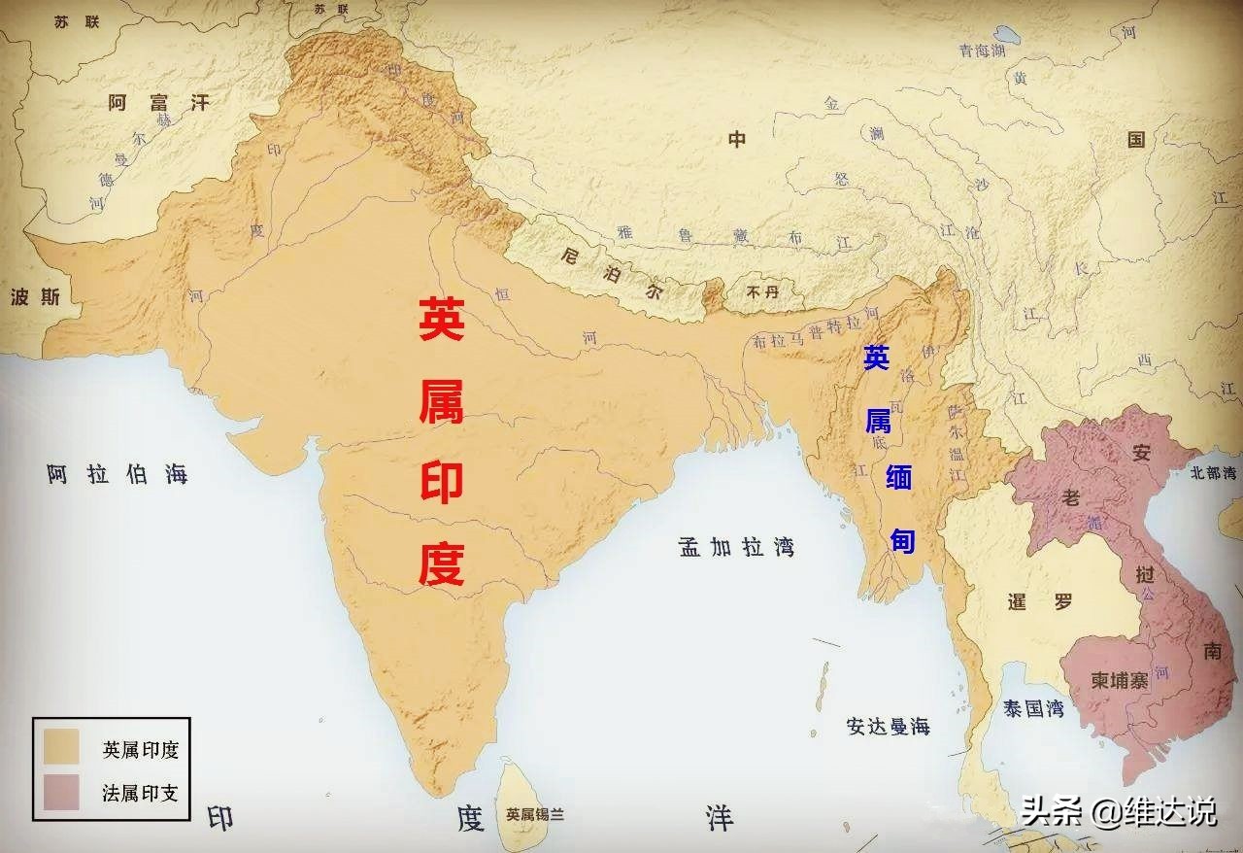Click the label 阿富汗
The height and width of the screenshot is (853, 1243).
point(158,102)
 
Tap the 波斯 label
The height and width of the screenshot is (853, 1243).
point(34,297)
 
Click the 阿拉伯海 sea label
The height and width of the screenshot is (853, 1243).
point(117,474)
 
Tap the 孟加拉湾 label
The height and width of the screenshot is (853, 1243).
point(736,546)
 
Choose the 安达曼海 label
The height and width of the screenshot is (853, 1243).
point(888,726)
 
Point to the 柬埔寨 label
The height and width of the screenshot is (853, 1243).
point(1119,680)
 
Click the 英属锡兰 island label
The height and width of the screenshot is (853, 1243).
point(535,815)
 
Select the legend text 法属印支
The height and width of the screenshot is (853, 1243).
point(140,793)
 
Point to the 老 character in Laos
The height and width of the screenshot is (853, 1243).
point(1071,497)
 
